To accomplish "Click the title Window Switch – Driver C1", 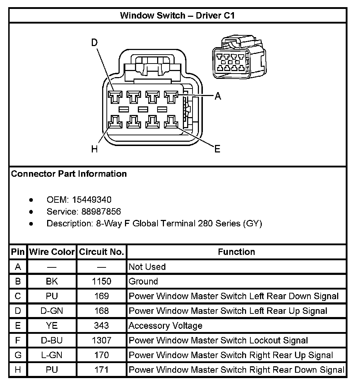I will [177, 15].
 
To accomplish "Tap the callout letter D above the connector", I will [94, 43].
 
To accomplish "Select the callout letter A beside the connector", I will [217, 96].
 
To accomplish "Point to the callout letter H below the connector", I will [94, 149].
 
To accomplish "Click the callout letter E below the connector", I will [217, 149].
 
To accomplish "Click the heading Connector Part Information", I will [69, 174].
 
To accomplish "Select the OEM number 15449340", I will [92, 200].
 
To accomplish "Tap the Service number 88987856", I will [101, 212].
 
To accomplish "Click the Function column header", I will [236, 252].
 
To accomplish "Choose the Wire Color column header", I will [52, 252].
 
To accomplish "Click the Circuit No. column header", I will [101, 252].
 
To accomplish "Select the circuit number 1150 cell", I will [101, 281].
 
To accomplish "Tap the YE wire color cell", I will [52, 326].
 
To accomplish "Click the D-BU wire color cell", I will [52, 340].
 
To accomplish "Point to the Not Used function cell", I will [147, 267].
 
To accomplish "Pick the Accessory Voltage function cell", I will [165, 326].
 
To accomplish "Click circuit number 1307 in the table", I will [101, 340].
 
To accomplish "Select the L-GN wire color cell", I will [52, 355].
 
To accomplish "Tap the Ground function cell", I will [143, 281].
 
